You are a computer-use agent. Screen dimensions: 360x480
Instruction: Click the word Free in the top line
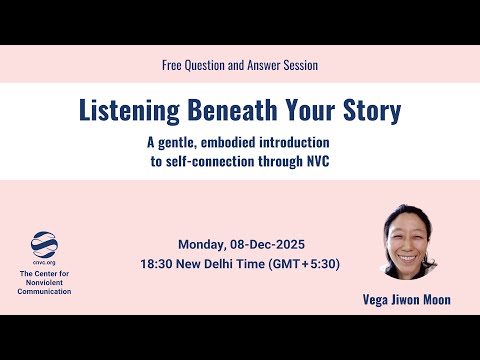[172, 64]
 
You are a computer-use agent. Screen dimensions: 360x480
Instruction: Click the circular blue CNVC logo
[45, 243]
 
